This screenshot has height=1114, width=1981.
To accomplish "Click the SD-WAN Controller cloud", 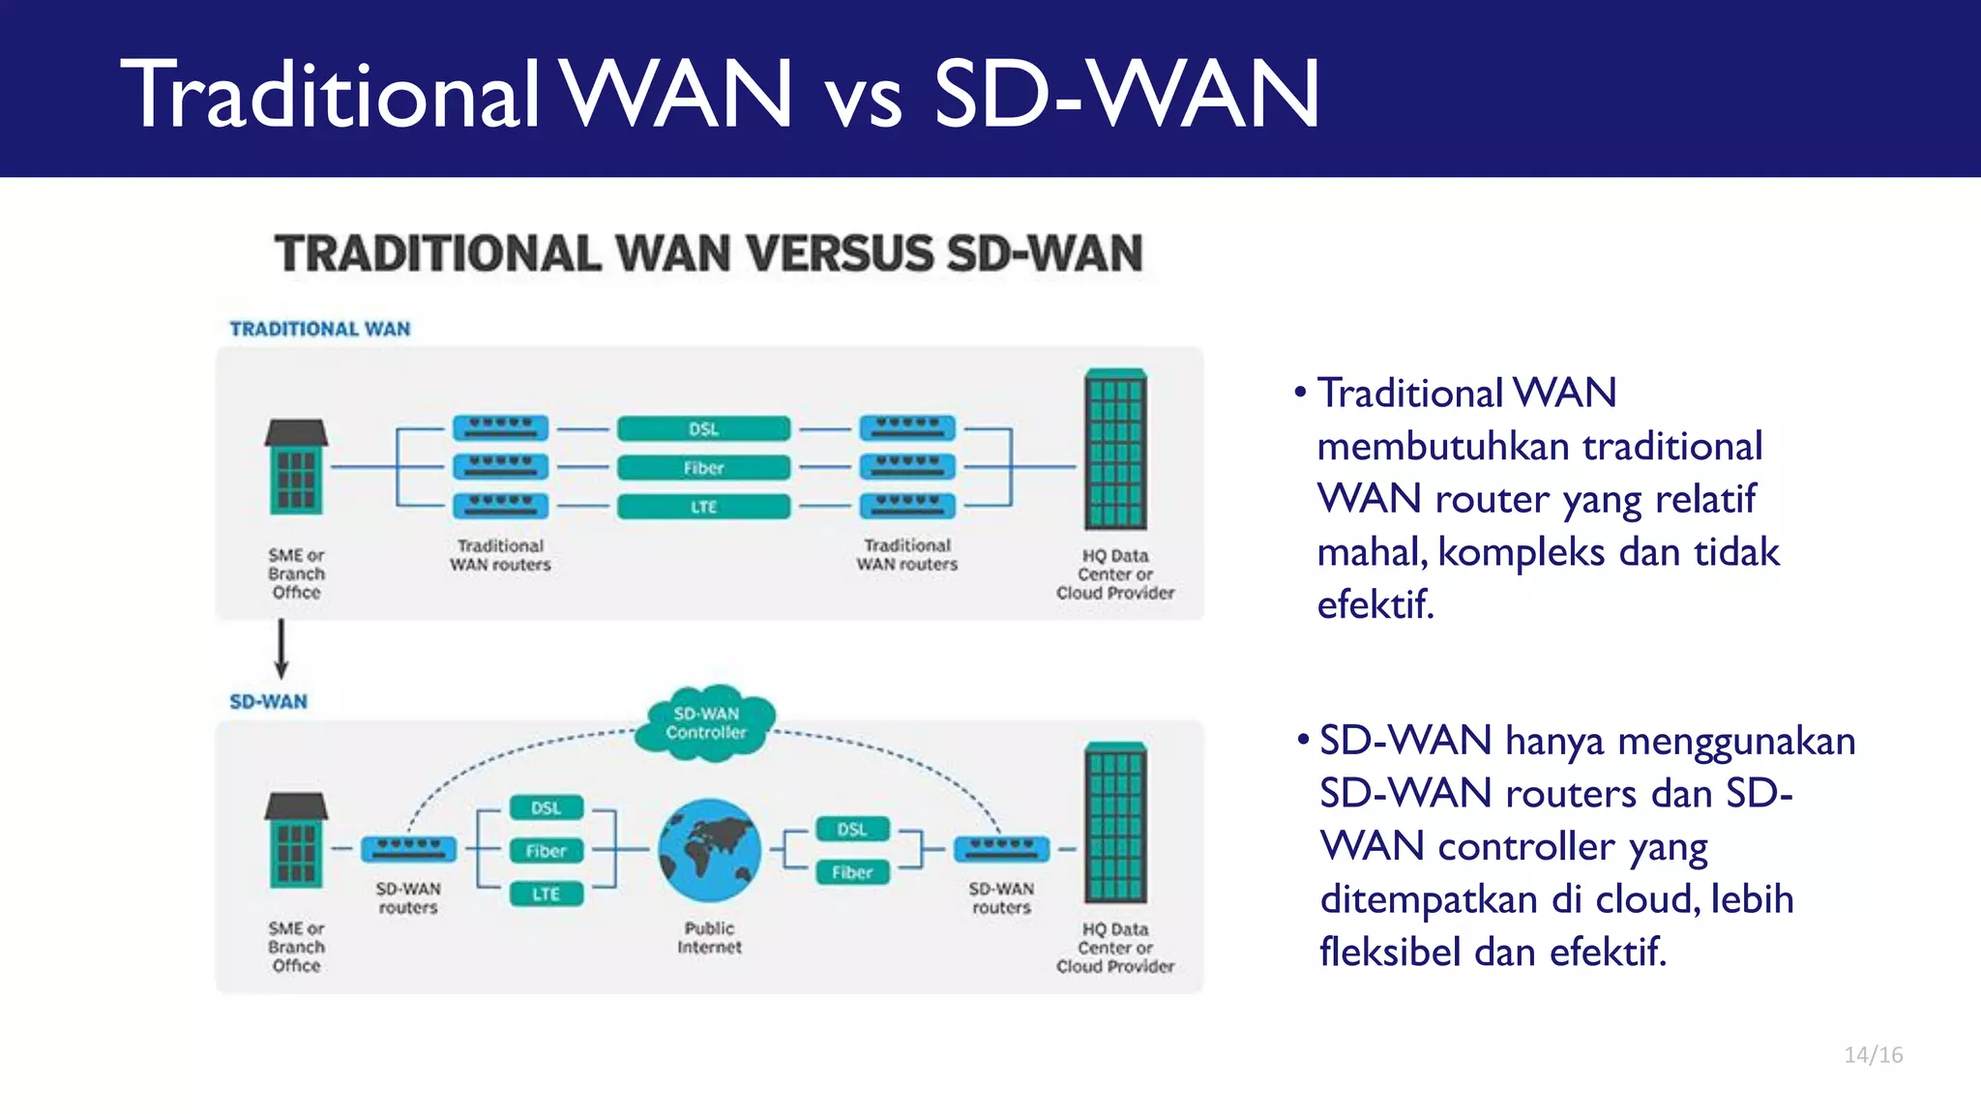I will [706, 723].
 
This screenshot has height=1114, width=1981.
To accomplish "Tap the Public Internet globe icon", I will [709, 850].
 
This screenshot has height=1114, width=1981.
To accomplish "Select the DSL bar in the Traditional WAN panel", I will [703, 428].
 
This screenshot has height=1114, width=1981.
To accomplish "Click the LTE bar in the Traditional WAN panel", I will [703, 507].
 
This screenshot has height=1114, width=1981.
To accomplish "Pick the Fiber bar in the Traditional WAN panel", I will [703, 468].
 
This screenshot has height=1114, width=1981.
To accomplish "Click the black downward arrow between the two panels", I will [281, 649].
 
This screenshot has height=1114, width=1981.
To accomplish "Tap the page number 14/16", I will [1873, 1055].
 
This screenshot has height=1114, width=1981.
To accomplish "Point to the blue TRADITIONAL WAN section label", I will [320, 329].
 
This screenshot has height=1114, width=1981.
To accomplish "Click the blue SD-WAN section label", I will [268, 702].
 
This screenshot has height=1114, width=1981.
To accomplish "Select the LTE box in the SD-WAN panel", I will [547, 894].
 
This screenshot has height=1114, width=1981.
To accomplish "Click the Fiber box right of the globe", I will [851, 872].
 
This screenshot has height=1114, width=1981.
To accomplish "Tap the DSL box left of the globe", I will [547, 807].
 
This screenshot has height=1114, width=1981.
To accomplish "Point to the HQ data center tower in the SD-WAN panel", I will [1115, 823].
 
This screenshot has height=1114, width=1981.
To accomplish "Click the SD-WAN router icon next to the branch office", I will [408, 849].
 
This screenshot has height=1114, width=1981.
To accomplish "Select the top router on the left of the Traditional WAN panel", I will [500, 427].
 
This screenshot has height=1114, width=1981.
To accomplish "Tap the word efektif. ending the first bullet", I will [1375, 605].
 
